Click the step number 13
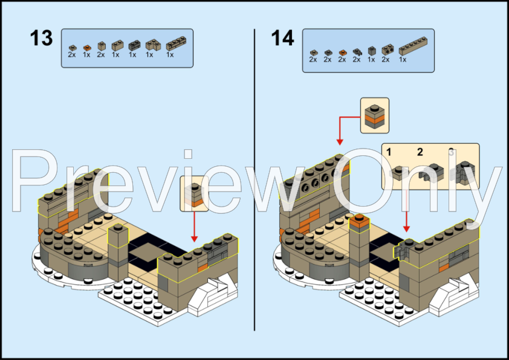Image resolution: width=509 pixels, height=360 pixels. [x=42, y=39]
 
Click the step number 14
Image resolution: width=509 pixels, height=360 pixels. [x=282, y=39]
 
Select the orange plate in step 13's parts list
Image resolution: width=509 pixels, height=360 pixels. [x=86, y=47]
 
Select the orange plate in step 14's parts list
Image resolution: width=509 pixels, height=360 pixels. [x=343, y=53]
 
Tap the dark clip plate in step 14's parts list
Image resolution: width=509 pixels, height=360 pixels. [x=357, y=53]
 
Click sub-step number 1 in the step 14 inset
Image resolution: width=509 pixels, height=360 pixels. [x=390, y=152]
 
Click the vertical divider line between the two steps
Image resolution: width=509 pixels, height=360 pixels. [x=254, y=181]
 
